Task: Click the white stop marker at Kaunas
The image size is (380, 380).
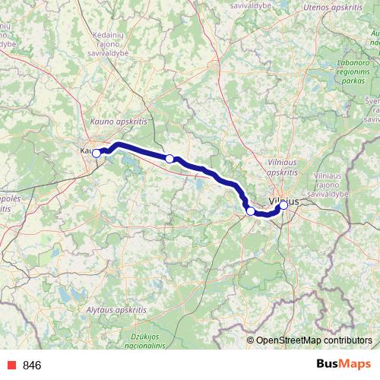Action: click(97, 153)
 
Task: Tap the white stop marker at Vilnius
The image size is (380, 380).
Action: click(283, 204)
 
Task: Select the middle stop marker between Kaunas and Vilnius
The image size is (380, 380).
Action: click(170, 159)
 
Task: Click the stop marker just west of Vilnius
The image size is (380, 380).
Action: click(251, 211)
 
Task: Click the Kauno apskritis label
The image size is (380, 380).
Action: click(116, 121)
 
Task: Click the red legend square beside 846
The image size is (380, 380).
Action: click(10, 366)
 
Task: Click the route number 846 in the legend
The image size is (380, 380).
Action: click(32, 366)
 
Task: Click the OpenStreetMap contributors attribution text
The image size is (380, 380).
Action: click(313, 340)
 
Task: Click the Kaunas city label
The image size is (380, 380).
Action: click(86, 151)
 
